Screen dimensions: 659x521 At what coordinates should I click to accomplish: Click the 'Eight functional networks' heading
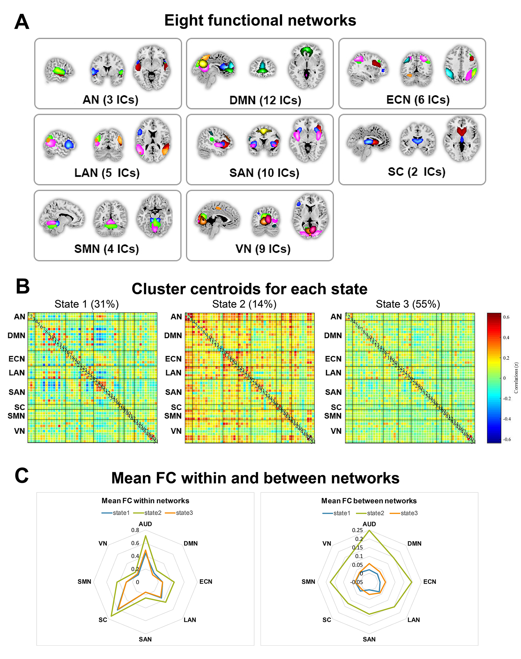coord(260,21)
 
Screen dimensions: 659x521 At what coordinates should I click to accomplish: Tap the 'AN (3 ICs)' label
coord(111,99)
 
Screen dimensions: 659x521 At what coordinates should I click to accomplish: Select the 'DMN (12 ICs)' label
coord(265,100)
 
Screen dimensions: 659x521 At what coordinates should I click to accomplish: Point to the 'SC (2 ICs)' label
coord(416,172)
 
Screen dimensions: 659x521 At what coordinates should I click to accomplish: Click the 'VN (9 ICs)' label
coord(263,249)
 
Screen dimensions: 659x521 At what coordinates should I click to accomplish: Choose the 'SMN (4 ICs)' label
coord(106,249)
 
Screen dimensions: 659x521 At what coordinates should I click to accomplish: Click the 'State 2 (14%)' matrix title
coord(244,304)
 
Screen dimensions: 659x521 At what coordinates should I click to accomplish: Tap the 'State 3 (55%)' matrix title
coord(408,304)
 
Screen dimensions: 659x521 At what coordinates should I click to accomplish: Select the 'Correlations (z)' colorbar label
coord(516,378)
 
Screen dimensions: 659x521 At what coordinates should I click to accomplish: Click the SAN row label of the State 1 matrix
coord(17,392)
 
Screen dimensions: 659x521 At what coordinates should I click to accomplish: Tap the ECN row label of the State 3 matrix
coord(333,359)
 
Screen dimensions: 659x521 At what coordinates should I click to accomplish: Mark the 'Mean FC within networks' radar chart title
coord(145,501)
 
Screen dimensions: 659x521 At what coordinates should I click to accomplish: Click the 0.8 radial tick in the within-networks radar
coord(135,530)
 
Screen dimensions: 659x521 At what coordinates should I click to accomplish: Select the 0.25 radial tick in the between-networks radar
coord(357,530)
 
